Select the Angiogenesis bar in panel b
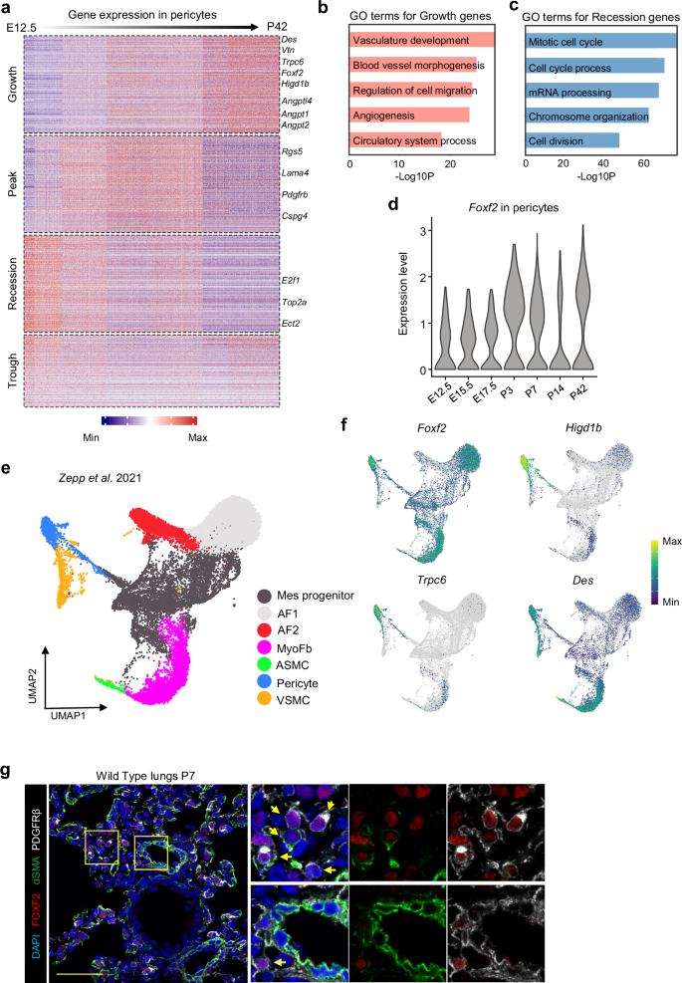coord(409,115)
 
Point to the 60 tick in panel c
coord(644,162)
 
